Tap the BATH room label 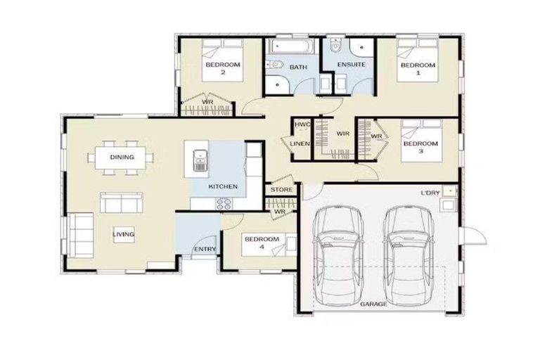[x=298, y=67]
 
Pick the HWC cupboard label [x=302, y=124]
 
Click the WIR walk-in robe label [x=343, y=134]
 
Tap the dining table [x=122, y=157]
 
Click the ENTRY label [x=205, y=249]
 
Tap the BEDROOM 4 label [x=261, y=243]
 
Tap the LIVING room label [x=124, y=234]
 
